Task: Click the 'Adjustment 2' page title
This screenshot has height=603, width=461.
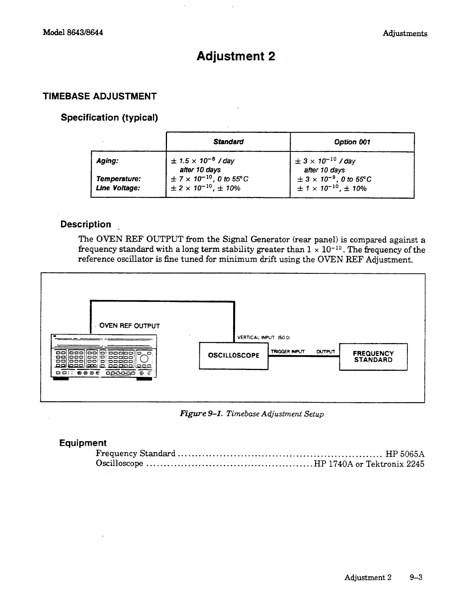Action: [x=235, y=56]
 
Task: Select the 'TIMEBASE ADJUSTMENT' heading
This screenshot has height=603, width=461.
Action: [x=100, y=96]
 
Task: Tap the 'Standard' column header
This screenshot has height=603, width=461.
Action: [x=228, y=142]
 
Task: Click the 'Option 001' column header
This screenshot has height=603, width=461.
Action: [x=352, y=142]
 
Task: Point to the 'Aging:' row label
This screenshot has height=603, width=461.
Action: [x=108, y=161]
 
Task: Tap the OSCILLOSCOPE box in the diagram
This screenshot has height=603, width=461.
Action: [x=234, y=356]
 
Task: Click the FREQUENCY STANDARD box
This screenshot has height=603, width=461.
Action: [x=373, y=357]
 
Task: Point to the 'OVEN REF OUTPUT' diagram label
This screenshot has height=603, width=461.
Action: [x=129, y=326]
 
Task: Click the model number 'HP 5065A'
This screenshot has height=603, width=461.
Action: [x=405, y=454]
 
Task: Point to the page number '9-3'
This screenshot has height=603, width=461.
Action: [x=416, y=577]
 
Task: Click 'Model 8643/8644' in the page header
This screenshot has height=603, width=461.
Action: [x=73, y=32]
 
